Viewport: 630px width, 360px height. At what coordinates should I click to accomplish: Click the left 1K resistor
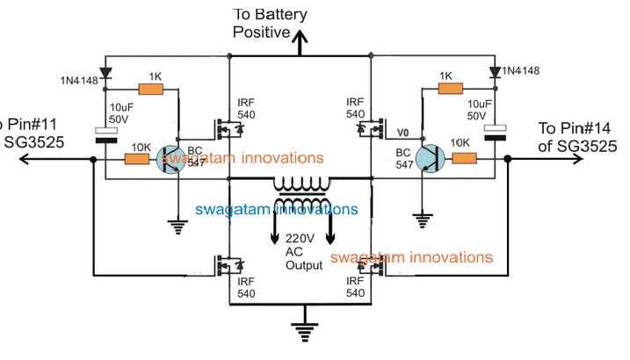(x=152, y=89)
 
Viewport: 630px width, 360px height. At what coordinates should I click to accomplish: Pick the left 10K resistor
(x=137, y=159)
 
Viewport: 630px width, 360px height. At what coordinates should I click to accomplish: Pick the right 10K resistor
(x=464, y=159)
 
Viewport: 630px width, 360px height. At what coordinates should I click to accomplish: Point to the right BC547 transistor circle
(x=431, y=159)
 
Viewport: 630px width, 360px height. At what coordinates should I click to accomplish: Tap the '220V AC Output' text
(x=301, y=249)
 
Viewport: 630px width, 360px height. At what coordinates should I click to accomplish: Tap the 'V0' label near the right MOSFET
(x=403, y=132)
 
